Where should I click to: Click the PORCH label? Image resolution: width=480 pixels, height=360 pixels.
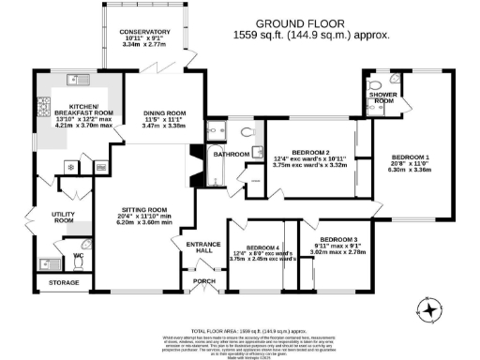point(202,280)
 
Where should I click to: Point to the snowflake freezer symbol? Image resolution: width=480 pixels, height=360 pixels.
point(71,167)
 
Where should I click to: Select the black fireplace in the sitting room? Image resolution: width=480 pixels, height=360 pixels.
point(195,165)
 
